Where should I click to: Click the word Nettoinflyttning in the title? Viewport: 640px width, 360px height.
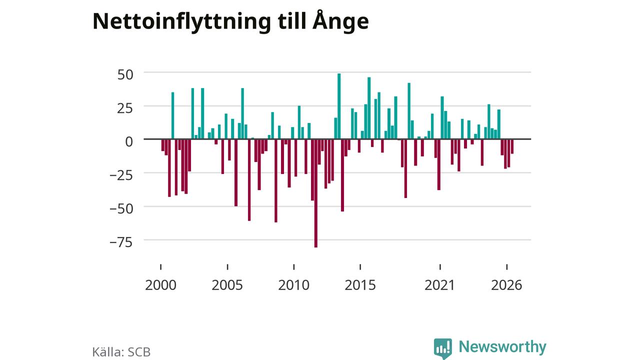(181, 21)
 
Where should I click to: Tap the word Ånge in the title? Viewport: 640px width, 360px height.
(340, 20)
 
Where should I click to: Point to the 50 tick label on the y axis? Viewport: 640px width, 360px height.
(125, 75)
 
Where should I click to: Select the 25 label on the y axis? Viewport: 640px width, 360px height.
(125, 108)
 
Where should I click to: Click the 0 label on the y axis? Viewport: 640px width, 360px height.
(129, 141)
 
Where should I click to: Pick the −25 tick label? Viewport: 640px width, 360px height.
(121, 175)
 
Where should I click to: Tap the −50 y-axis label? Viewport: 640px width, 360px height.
(121, 209)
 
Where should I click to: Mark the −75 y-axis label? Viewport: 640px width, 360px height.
(121, 242)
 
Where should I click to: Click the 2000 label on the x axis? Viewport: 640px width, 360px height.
(160, 285)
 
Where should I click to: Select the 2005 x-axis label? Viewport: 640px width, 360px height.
(227, 285)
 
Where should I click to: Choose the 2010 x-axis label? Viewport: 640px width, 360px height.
(293, 285)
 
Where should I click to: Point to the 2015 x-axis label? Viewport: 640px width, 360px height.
(360, 285)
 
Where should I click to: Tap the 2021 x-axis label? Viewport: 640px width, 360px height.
(439, 285)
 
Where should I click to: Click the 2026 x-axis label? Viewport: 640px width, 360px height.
(506, 285)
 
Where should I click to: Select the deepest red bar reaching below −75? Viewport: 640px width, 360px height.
(315, 193)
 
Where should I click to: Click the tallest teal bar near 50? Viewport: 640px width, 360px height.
(339, 106)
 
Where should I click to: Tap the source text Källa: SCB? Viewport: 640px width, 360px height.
(121, 351)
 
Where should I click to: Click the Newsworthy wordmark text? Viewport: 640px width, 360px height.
(502, 346)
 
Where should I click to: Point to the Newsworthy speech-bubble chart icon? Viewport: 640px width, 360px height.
(443, 348)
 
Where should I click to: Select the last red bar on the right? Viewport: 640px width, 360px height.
(512, 146)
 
